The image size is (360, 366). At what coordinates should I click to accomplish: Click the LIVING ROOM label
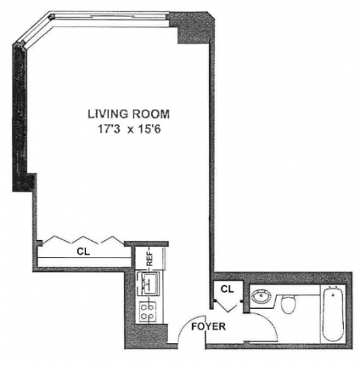[129, 114]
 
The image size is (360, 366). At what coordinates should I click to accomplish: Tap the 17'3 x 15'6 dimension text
[130, 130]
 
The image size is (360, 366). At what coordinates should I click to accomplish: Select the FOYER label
[208, 326]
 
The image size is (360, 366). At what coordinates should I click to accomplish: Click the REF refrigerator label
[150, 258]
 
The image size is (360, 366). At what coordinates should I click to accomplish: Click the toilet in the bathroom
[288, 304]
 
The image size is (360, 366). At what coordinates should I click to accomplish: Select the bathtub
[333, 313]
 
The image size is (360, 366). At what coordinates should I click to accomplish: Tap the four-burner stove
[147, 312]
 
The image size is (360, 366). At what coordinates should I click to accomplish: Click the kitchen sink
[148, 284]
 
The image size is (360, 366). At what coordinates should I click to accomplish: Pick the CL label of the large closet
[83, 252]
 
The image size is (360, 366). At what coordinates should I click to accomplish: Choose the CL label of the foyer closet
[227, 289]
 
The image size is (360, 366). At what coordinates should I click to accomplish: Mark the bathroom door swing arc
[270, 321]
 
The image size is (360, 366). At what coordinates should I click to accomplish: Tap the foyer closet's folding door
[226, 307]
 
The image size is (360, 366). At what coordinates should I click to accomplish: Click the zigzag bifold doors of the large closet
[82, 239]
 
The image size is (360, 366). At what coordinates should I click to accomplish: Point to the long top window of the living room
[110, 19]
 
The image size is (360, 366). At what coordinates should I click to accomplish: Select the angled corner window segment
[34, 32]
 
